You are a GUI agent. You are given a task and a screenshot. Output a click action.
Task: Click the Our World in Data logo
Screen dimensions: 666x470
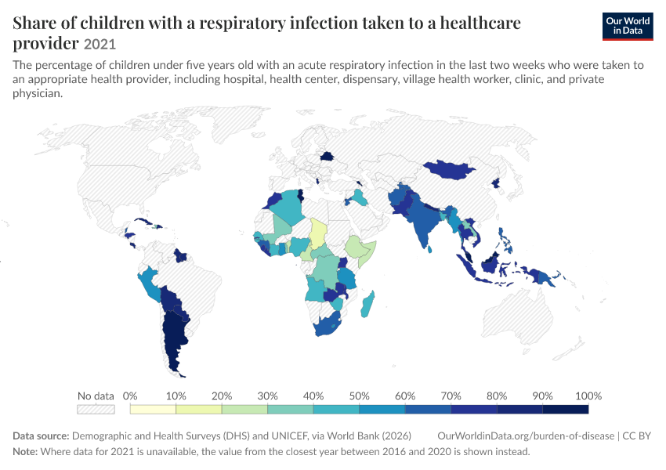[628, 27]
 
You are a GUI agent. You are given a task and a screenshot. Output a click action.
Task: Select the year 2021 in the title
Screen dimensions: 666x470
[100, 44]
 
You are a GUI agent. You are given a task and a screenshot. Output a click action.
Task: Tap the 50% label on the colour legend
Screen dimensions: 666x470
[359, 396]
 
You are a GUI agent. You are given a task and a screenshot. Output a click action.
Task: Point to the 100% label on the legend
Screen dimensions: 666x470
[588, 396]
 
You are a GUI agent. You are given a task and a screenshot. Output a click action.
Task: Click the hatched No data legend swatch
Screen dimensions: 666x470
[96, 409]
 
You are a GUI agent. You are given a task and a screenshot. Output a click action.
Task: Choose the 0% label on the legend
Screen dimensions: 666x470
[130, 396]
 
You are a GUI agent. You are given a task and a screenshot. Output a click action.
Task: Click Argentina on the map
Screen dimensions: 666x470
[174, 340]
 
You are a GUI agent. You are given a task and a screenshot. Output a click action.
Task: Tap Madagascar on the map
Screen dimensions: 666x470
[367, 305]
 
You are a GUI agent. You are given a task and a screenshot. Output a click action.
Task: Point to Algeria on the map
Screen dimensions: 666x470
[287, 207]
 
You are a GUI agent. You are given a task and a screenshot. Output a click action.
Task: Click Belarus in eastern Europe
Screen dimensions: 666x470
[327, 156]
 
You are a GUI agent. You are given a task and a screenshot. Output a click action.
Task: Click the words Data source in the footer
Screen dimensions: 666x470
[41, 436]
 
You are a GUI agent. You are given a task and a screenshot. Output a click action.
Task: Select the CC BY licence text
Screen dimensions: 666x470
[637, 436]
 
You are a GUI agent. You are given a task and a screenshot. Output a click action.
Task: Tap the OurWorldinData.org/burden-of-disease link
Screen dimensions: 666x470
[526, 436]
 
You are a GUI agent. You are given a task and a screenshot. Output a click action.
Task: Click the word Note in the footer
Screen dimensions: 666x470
[25, 451]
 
